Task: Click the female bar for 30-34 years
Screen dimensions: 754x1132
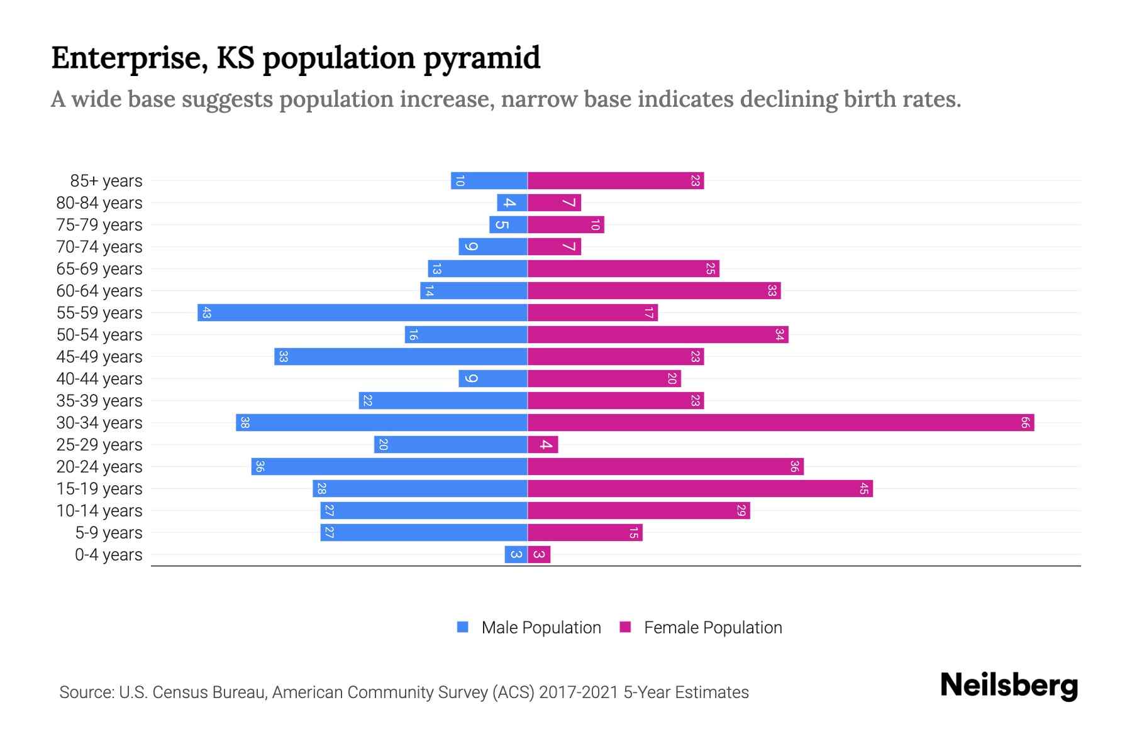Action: pyautogui.click(x=780, y=422)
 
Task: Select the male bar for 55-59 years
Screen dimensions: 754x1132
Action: pyautogui.click(x=362, y=312)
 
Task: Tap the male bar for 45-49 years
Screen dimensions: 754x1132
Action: pyautogui.click(x=401, y=356)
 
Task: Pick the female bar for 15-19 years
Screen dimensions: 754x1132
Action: pyautogui.click(x=700, y=488)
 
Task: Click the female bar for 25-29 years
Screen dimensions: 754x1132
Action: pyautogui.click(x=543, y=444)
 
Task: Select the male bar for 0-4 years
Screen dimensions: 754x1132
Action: pyautogui.click(x=516, y=554)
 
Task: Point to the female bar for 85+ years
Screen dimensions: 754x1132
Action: pyautogui.click(x=616, y=180)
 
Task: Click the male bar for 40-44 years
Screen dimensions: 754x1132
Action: pyautogui.click(x=493, y=378)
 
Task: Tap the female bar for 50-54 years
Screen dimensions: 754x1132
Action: pyautogui.click(x=658, y=334)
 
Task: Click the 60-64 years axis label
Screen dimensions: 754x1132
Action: pyautogui.click(x=99, y=291)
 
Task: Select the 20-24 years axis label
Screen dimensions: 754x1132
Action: pyautogui.click(x=99, y=467)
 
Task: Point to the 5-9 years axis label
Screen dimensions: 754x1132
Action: pyautogui.click(x=108, y=533)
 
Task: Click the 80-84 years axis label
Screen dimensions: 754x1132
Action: pyautogui.click(x=99, y=203)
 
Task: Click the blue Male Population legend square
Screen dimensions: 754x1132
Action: pyautogui.click(x=463, y=627)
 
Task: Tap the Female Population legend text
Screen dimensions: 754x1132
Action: pyautogui.click(x=713, y=627)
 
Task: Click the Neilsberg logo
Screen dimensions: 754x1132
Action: pyautogui.click(x=1009, y=686)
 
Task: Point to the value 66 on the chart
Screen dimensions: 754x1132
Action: pyautogui.click(x=1024, y=422)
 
